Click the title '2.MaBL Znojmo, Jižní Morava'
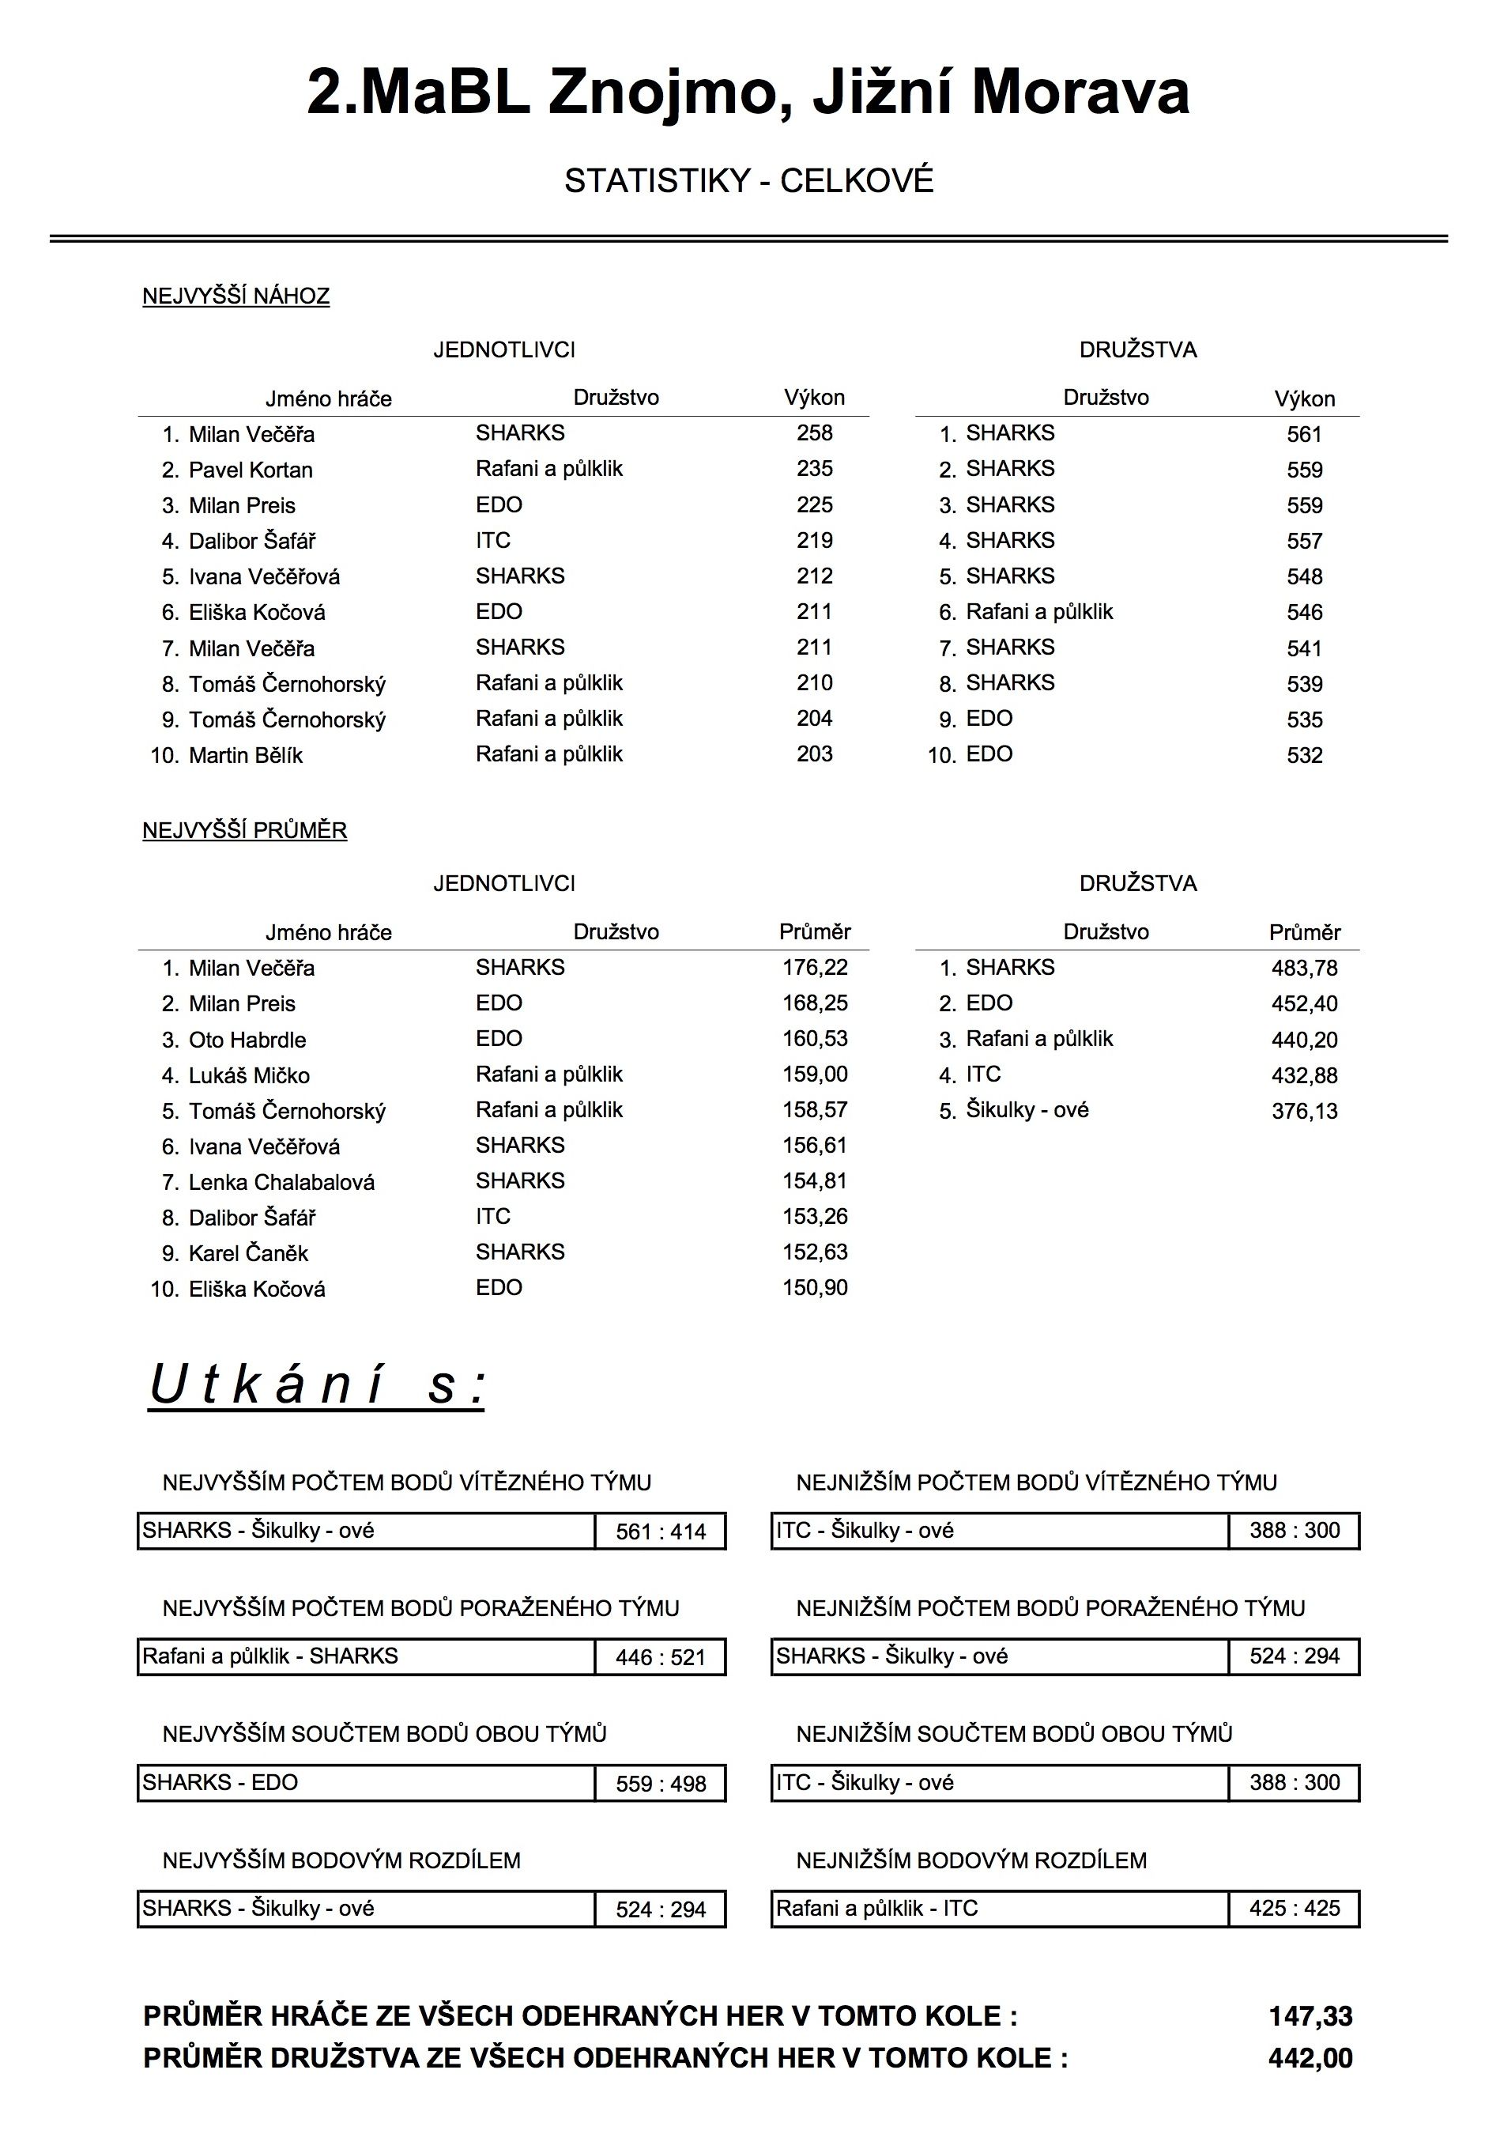[x=748, y=93]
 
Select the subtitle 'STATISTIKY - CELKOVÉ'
[x=748, y=180]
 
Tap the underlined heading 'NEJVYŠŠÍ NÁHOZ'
[x=236, y=296]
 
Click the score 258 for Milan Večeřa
[x=814, y=433]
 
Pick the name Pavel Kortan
[x=251, y=470]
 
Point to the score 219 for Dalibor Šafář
[x=814, y=540]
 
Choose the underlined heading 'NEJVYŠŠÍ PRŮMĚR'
[x=244, y=830]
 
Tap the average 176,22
[x=814, y=968]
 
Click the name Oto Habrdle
[x=247, y=1040]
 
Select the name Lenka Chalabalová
[x=281, y=1182]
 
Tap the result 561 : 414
[x=661, y=1532]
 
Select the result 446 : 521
[x=661, y=1658]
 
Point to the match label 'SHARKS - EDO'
[x=220, y=1782]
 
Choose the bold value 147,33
[x=1310, y=2016]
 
